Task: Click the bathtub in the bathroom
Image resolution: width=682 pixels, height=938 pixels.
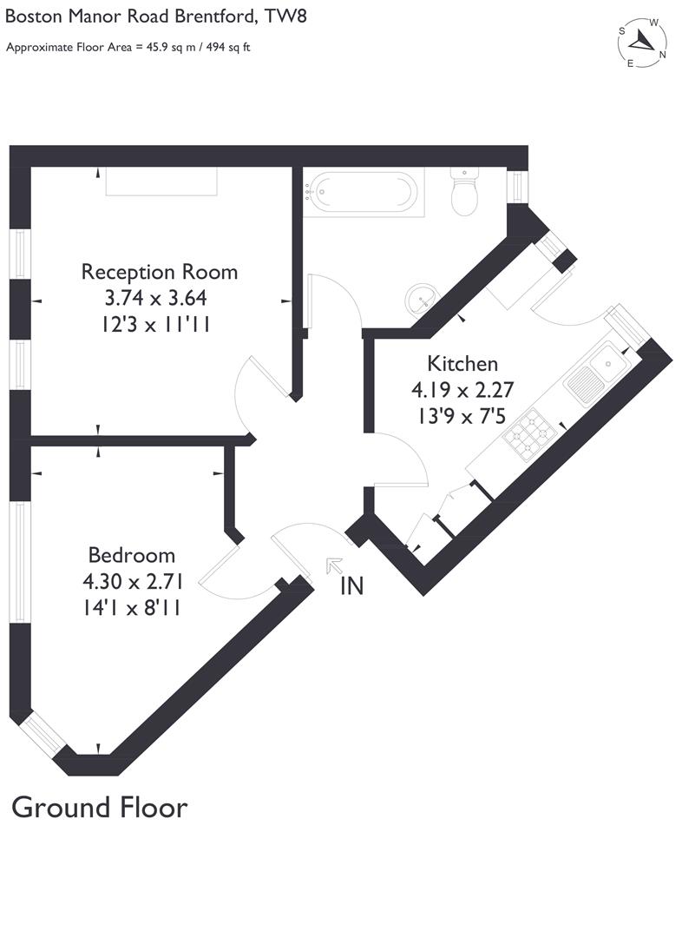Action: [x=363, y=191]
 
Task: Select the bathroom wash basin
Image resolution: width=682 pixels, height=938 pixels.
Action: [x=421, y=299]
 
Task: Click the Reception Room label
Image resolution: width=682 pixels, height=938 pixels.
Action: [x=159, y=271]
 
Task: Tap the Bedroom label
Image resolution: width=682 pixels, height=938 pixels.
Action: [x=132, y=555]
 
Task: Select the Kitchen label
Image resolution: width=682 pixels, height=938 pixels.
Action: [x=462, y=363]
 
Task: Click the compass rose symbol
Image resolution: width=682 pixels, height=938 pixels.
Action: [x=643, y=41]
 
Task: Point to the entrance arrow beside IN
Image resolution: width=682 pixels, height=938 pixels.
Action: [x=333, y=565]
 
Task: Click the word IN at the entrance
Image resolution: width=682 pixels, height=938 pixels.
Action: [x=351, y=586]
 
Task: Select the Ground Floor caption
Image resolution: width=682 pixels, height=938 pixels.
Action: [x=99, y=808]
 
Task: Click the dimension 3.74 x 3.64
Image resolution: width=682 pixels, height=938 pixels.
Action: [x=156, y=298]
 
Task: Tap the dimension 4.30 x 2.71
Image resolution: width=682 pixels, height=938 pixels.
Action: [x=132, y=582]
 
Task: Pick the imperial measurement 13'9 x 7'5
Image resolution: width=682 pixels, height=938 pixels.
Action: [x=462, y=416]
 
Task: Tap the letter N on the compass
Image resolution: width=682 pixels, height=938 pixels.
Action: [x=662, y=55]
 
